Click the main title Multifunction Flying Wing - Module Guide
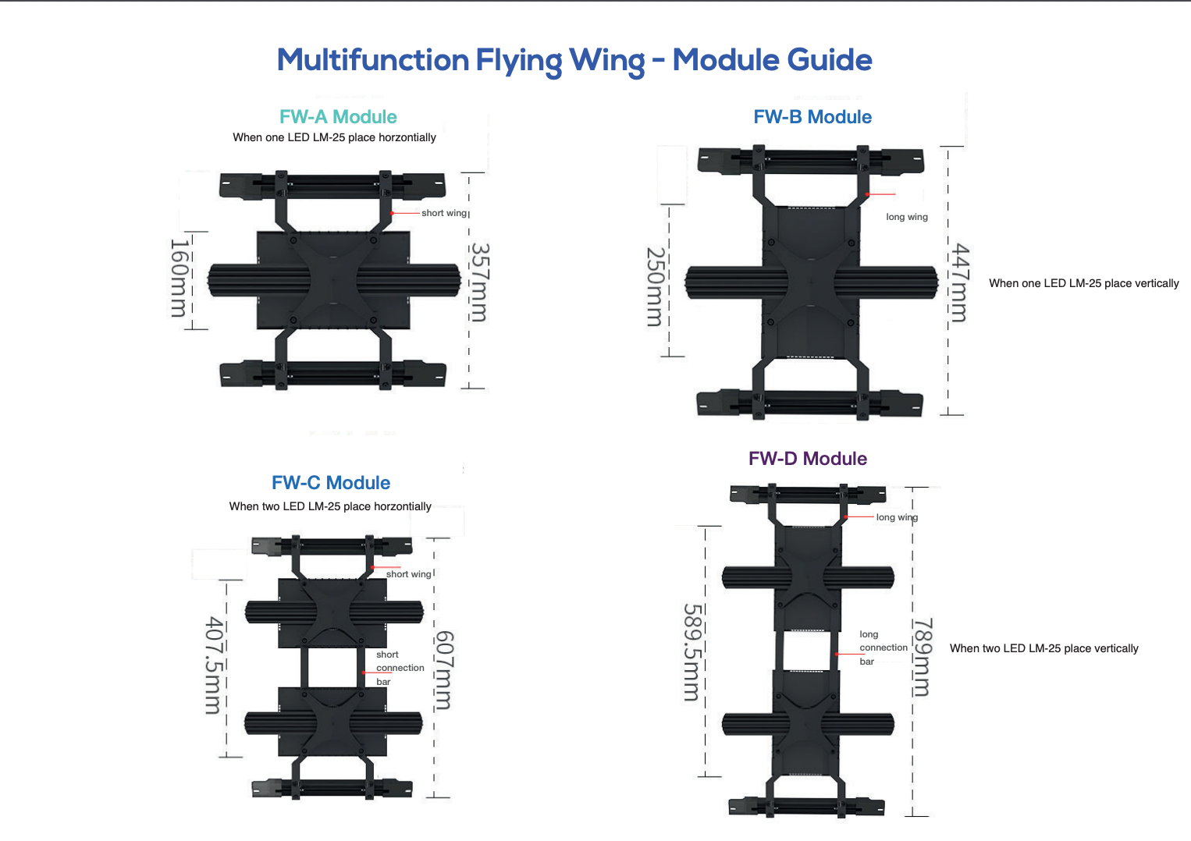(x=574, y=61)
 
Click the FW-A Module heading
(x=338, y=117)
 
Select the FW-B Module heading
(x=812, y=117)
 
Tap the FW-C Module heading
(x=331, y=483)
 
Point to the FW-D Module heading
(x=808, y=459)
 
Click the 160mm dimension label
(x=180, y=279)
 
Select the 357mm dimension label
(x=479, y=282)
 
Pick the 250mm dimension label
(x=656, y=286)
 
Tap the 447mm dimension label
(x=959, y=282)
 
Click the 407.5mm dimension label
(x=213, y=665)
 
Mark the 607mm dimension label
(x=443, y=670)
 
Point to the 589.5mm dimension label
(x=691, y=651)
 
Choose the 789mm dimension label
(x=923, y=656)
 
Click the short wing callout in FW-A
(x=443, y=213)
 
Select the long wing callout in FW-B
(x=907, y=217)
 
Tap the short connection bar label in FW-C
(x=400, y=668)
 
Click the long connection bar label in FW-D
(x=883, y=648)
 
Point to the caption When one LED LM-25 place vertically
(x=1083, y=283)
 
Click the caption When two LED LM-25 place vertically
(x=1043, y=648)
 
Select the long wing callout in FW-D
(x=897, y=517)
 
